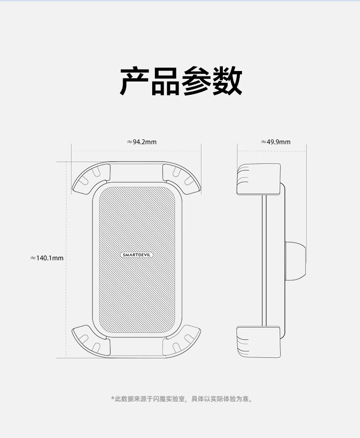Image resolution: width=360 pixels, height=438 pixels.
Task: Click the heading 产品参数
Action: [x=180, y=81]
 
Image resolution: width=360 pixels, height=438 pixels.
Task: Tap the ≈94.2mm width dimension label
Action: [x=141, y=142]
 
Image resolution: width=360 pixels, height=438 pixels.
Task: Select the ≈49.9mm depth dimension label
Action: [x=275, y=142]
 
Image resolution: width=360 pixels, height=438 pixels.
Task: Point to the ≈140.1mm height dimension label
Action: [x=47, y=258]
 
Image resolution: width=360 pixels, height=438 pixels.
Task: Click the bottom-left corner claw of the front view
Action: [x=91, y=341]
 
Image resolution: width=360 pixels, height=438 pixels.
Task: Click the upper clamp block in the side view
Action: [x=258, y=179]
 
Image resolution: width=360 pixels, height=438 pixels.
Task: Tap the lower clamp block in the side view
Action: [x=258, y=341]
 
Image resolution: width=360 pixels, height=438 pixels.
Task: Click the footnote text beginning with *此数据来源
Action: [x=181, y=399]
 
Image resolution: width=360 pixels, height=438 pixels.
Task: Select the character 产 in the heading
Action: [x=134, y=81]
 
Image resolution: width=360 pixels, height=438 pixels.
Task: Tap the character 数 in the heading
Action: [x=226, y=81]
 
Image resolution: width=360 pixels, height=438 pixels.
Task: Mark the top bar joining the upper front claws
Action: [x=136, y=169]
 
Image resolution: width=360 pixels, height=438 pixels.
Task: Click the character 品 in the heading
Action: [x=165, y=81]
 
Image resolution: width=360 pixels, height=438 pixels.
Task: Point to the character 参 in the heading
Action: [x=196, y=81]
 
